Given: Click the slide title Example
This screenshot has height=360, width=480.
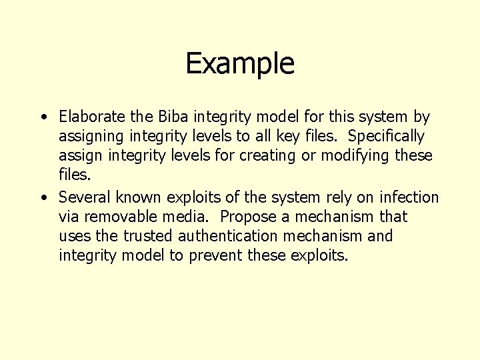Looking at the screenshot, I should [240, 64].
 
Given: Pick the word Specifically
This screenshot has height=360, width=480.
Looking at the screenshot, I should [386, 136].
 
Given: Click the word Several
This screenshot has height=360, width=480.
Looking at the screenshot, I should [85, 197].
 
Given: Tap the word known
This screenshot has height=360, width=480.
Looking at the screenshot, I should [139, 197].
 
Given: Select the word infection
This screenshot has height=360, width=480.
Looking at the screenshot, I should [409, 197].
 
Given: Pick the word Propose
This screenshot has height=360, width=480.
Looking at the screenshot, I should [248, 217].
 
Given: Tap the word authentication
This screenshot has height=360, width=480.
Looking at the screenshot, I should [235, 236].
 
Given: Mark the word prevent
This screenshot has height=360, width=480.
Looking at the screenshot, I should [215, 256].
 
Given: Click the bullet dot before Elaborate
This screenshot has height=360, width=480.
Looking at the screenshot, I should [43, 118].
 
